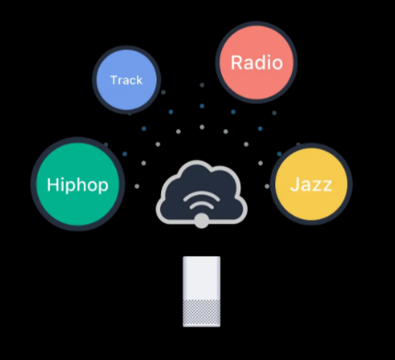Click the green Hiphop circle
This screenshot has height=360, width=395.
point(78,184)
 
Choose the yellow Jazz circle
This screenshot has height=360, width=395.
point(311,185)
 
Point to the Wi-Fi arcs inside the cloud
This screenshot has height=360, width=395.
point(201,202)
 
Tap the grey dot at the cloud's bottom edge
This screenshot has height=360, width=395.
point(201,221)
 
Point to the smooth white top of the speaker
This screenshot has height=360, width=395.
point(202,276)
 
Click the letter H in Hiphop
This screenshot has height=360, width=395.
point(53,184)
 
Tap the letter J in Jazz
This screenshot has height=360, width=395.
point(294,185)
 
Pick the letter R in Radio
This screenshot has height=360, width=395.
point(237,63)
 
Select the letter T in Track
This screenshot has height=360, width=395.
point(113,80)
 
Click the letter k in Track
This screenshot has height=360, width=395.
point(140,80)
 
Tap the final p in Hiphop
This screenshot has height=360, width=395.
point(103,187)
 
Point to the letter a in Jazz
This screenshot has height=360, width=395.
point(305,186)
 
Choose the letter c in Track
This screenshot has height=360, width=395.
point(133,81)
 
